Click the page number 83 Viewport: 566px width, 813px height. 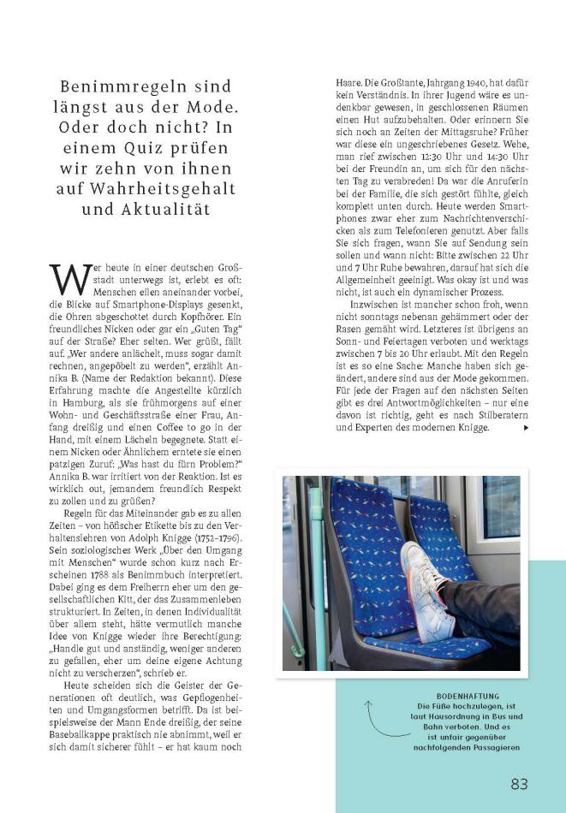pyautogui.click(x=519, y=785)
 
